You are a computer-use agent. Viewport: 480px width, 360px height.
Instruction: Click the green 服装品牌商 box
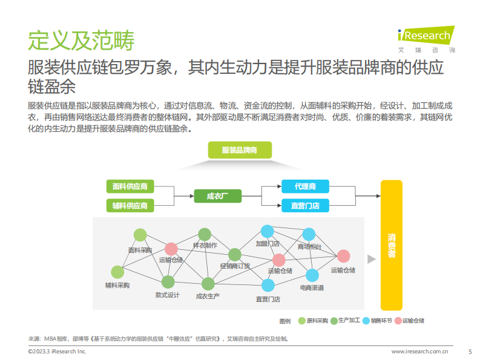point(240,150)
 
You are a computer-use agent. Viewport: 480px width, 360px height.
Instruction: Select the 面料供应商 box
point(130,186)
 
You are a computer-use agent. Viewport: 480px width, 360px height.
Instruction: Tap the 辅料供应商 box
point(130,206)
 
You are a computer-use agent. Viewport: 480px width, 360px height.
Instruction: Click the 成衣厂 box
point(217,196)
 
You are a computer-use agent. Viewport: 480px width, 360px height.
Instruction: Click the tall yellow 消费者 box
point(392,245)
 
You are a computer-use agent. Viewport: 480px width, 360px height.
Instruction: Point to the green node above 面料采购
point(140,235)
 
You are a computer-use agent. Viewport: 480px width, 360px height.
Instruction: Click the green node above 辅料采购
point(117,272)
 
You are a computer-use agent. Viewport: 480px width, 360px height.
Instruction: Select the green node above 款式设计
point(168,282)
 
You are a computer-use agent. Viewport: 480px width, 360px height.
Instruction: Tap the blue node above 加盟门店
point(267,231)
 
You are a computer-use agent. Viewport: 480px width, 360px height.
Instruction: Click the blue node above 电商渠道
point(312,275)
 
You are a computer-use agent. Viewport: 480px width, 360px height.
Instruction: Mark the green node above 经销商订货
point(235,254)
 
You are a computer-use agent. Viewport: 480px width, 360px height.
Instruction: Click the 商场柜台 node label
point(309,246)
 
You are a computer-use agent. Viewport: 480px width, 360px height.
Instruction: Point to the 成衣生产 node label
point(208,296)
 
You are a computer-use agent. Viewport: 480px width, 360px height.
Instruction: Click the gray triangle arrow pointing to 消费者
point(372,258)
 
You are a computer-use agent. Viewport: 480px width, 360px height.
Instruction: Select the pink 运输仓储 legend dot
point(398,321)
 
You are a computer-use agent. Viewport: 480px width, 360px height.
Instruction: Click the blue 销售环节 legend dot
point(366,321)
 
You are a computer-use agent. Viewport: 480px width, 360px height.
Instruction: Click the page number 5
point(470,351)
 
